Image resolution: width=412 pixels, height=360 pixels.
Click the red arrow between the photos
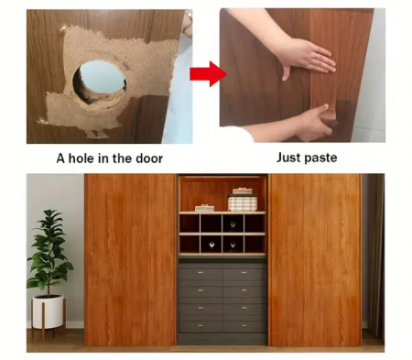click(208, 74)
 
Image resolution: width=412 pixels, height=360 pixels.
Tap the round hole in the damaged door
click(100, 81)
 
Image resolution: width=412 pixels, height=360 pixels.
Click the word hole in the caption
click(81, 158)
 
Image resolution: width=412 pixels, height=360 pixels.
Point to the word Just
click(287, 158)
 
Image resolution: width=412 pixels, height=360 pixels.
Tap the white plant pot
click(48, 311)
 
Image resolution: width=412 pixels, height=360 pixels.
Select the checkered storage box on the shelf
click(243, 203)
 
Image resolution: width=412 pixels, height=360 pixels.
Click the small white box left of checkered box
click(204, 208)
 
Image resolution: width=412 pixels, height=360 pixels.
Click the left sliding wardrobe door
click(130, 260)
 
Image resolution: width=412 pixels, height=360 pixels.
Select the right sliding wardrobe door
click(315, 260)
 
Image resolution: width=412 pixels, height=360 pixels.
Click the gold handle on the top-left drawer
click(201, 272)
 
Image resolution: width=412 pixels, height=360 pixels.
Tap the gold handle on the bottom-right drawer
click(244, 326)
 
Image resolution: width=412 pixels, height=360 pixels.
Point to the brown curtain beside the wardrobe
click(375, 256)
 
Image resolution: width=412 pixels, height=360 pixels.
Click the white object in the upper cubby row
click(233, 225)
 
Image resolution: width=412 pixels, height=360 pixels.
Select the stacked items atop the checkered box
click(243, 191)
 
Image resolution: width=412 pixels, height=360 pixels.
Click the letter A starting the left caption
click(60, 158)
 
